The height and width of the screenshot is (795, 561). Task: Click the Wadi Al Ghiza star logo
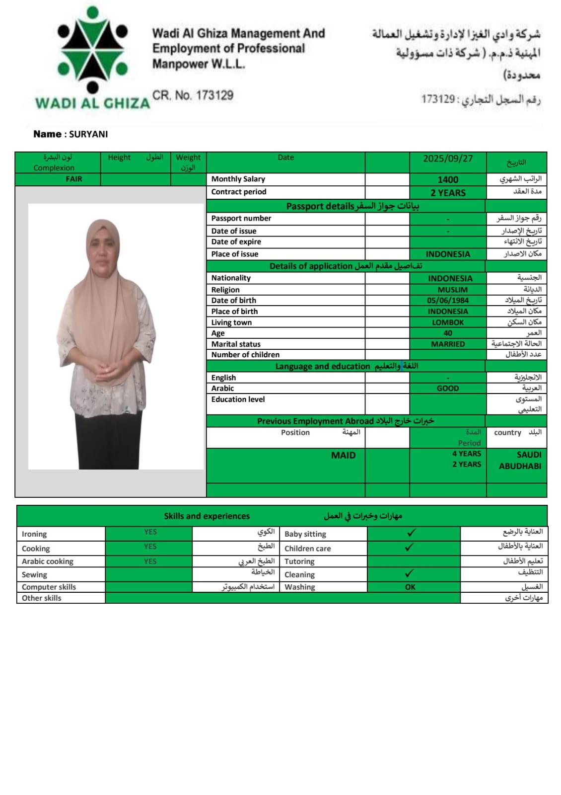[93, 50]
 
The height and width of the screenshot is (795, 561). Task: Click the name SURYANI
[88, 134]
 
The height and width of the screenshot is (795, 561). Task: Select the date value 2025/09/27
[448, 159]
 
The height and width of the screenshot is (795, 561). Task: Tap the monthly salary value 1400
[448, 180]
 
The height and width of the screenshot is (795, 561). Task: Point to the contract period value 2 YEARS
[448, 193]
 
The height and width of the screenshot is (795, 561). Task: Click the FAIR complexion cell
[74, 179]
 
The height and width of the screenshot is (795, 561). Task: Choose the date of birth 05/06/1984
[448, 300]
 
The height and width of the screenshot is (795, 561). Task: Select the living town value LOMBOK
[448, 322]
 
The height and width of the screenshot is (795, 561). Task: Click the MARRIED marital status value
[448, 344]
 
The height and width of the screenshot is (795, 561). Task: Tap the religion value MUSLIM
[452, 289]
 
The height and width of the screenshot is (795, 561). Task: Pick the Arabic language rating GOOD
[448, 388]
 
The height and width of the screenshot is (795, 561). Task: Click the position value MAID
[343, 455]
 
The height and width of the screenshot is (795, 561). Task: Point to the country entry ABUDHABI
[520, 466]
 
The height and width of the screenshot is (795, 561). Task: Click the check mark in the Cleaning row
[409, 573]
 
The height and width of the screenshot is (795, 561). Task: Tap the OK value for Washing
[410, 587]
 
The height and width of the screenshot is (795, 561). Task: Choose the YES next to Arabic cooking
[150, 561]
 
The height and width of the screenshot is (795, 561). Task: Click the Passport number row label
[241, 218]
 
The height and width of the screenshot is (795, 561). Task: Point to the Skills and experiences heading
[207, 516]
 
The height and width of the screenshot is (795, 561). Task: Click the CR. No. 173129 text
[193, 95]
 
